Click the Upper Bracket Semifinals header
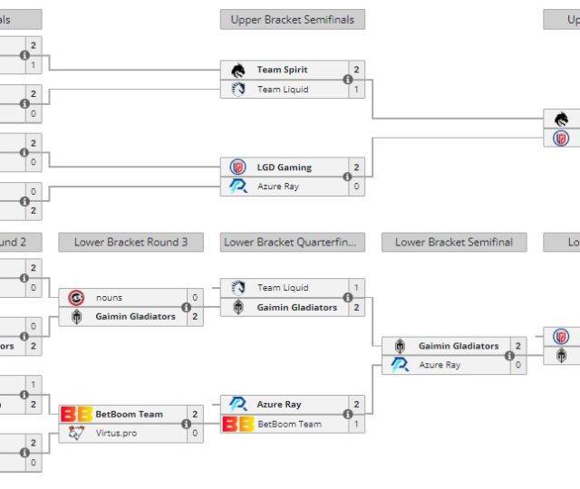click(x=293, y=19)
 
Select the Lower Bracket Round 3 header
click(x=131, y=242)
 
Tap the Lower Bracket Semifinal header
click(x=454, y=242)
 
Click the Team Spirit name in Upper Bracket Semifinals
click(x=282, y=70)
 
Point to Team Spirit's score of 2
click(x=357, y=70)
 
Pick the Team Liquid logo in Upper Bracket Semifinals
click(x=238, y=89)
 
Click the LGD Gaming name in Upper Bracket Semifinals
click(x=284, y=168)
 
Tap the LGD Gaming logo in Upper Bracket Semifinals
click(x=238, y=168)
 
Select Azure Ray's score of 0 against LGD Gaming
click(x=357, y=187)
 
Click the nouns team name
click(x=109, y=297)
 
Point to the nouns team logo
click(x=77, y=297)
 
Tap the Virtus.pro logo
click(x=76, y=433)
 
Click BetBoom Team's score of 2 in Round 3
click(x=195, y=414)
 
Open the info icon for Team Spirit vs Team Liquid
click(x=347, y=80)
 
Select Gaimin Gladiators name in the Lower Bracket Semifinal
click(x=459, y=346)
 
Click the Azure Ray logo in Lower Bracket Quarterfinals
click(x=238, y=404)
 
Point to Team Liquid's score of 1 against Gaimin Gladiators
click(x=357, y=288)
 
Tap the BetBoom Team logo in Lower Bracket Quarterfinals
click(x=238, y=424)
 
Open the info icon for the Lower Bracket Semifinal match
click(x=509, y=356)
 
